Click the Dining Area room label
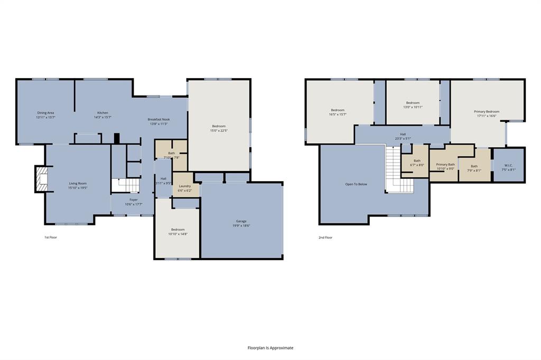coord(45,112)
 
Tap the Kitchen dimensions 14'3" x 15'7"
coord(102,117)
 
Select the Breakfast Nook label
coord(158,120)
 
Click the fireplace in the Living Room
coord(40,178)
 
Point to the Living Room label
coord(78,183)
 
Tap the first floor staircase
coord(126,185)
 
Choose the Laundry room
coord(185,187)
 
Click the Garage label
coord(241,221)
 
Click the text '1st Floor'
coord(50,238)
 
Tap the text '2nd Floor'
coord(325,238)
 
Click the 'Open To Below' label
coord(356,184)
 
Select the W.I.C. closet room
coord(508,165)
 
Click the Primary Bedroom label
coord(487,111)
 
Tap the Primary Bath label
coord(445,165)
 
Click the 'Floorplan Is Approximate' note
coord(270,348)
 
